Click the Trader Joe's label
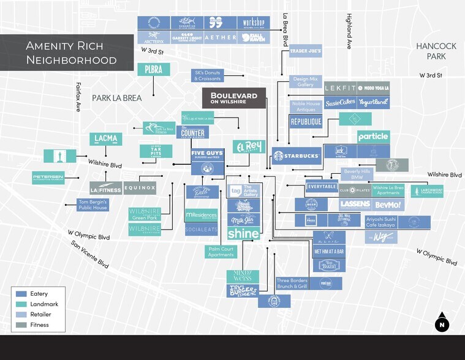pyautogui.click(x=306, y=52)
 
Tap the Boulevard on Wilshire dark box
pyautogui.click(x=234, y=98)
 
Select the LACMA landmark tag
pyautogui.click(x=106, y=139)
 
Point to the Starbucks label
pyautogui.click(x=297, y=156)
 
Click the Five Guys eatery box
pyautogui.click(x=207, y=154)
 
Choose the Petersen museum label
pyautogui.click(x=48, y=178)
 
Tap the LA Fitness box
pyautogui.click(x=106, y=188)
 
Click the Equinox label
pyautogui.click(x=140, y=188)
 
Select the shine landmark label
pyautogui.click(x=243, y=233)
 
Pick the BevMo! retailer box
pyautogui.click(x=387, y=204)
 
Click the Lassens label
pyautogui.click(x=355, y=204)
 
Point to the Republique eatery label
pyautogui.click(x=306, y=122)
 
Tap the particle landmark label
pyautogui.click(x=373, y=137)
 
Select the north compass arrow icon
pyautogui.click(x=442, y=324)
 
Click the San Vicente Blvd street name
pyautogui.click(x=90, y=254)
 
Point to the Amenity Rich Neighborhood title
pyautogui.click(x=71, y=53)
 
